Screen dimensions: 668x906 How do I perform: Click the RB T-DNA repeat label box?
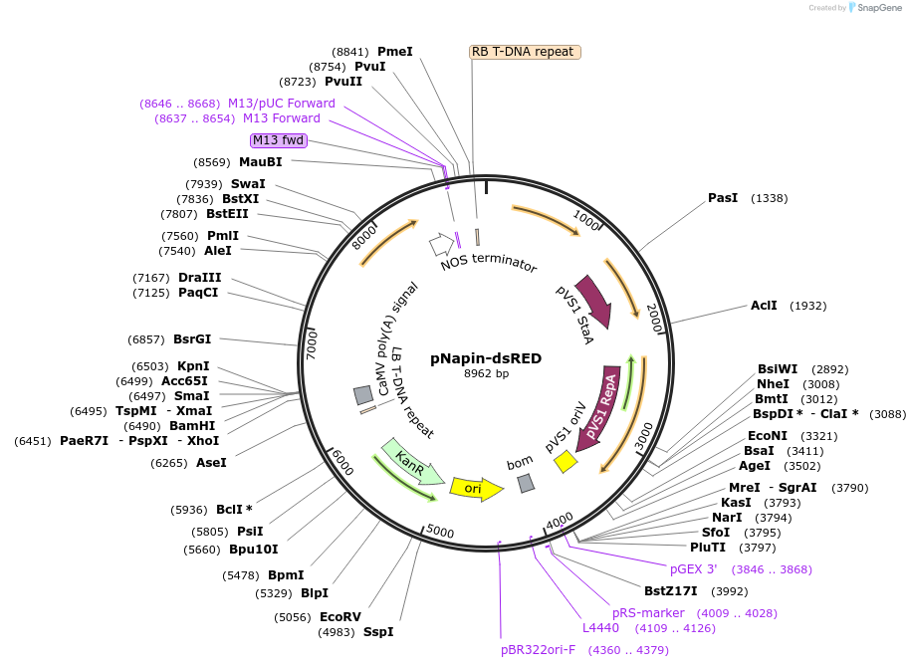click(525, 52)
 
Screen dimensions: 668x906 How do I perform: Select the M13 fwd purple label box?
click(278, 140)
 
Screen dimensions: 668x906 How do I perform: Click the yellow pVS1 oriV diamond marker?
click(566, 461)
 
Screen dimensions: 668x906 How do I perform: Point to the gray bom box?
click(526, 483)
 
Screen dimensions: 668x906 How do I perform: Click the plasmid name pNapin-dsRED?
click(486, 358)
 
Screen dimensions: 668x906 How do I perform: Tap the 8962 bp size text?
click(486, 374)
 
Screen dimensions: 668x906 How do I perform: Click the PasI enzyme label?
click(723, 198)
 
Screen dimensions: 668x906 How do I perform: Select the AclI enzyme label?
click(764, 306)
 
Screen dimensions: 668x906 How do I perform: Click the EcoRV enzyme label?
click(340, 616)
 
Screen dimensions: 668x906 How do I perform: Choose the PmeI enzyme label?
click(394, 51)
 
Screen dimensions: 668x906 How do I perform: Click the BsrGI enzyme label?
click(192, 338)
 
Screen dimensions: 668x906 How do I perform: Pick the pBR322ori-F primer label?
click(538, 650)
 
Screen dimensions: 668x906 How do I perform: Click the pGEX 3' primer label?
click(693, 569)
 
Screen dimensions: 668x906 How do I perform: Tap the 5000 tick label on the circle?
click(439, 533)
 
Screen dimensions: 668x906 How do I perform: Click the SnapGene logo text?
click(880, 7)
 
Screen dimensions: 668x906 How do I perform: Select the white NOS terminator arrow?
click(440, 244)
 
